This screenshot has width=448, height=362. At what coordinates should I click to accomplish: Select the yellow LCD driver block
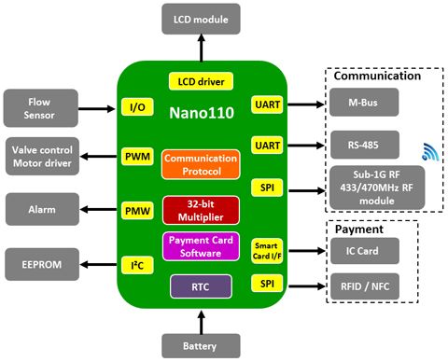201,81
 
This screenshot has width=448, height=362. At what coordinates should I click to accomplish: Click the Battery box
201,343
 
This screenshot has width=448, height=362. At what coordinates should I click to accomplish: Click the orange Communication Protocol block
201,164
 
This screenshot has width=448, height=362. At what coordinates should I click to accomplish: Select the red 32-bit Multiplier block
201,210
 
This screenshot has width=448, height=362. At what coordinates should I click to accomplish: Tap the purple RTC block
201,286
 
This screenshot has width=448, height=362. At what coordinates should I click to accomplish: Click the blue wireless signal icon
427,151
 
